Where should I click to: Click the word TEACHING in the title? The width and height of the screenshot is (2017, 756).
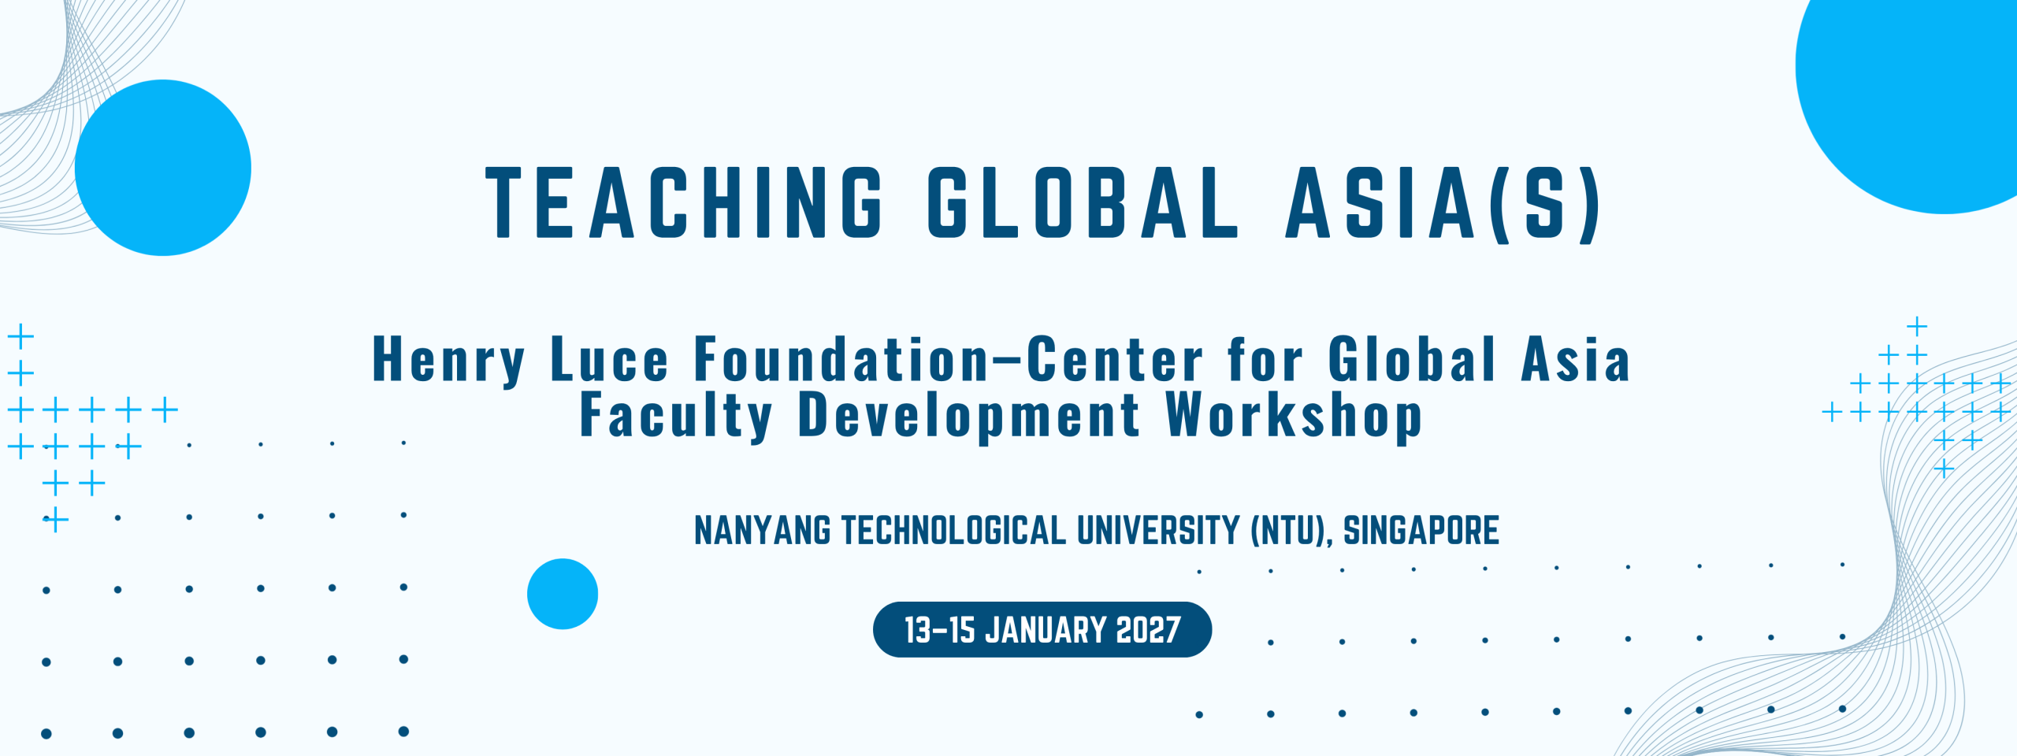click(x=683, y=202)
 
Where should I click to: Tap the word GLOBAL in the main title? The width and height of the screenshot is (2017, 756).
click(x=1083, y=202)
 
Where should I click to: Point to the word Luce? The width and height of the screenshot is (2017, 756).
click(x=610, y=359)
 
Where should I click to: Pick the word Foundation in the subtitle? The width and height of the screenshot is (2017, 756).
click(x=841, y=359)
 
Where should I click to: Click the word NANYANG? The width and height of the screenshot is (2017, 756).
click(x=763, y=530)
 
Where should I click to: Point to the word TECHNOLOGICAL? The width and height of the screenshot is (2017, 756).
click(x=953, y=530)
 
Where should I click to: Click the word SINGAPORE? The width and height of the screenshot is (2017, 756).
click(x=1421, y=530)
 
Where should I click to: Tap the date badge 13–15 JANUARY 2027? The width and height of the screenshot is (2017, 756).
click(x=1042, y=630)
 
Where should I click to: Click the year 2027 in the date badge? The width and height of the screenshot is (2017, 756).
click(x=1149, y=630)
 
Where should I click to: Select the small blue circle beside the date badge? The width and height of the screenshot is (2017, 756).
click(x=563, y=594)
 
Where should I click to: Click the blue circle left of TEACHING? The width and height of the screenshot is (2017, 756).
click(x=163, y=168)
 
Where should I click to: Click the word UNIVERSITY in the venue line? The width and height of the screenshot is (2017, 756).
click(x=1158, y=530)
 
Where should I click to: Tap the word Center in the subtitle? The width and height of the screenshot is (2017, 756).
click(x=1115, y=359)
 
